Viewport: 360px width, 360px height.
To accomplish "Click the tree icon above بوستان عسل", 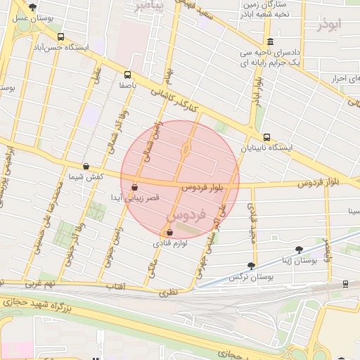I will point(32,6).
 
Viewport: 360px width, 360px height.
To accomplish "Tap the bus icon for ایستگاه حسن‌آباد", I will point(60,37).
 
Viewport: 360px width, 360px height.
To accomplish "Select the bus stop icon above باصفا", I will point(127,74).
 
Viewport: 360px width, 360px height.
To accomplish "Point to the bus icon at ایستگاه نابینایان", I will point(266,137).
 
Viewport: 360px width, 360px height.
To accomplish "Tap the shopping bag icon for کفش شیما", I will point(86,167).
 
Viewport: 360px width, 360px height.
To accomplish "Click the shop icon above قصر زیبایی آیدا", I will point(134,187).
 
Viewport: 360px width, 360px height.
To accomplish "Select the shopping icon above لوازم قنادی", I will point(169,233).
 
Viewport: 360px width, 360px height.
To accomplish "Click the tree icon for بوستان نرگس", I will point(251,266).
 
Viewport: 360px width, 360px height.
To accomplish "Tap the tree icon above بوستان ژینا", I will point(300,249).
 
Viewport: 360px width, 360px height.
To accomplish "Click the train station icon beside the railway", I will point(345,283).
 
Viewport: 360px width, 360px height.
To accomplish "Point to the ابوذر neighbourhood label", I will point(328,25).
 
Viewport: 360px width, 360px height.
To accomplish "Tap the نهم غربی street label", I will point(40,285).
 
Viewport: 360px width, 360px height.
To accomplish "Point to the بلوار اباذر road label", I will point(257,90).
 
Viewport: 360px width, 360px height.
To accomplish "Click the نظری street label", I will point(168,290).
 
